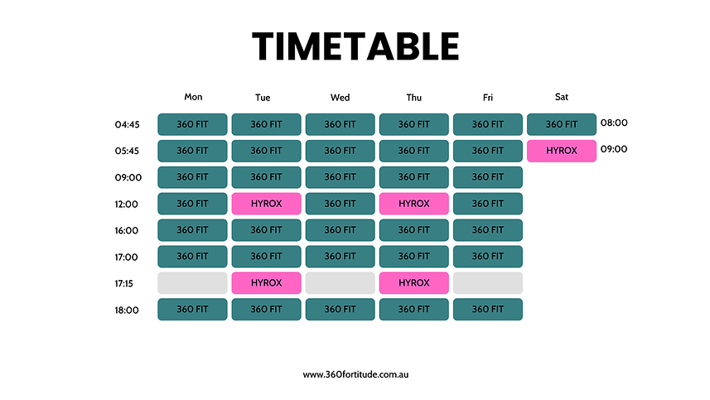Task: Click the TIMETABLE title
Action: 355,46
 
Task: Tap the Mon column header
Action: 193,97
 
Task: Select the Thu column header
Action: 413,97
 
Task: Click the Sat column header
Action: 562,97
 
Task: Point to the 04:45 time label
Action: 128,125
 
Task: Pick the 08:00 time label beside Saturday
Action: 614,123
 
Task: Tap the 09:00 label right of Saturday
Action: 614,149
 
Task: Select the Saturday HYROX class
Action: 562,151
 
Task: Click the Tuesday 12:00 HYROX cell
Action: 266,204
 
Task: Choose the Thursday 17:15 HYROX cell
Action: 413,283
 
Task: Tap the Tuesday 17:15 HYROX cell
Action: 266,283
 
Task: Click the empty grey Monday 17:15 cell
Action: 192,283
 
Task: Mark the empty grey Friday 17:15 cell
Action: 487,283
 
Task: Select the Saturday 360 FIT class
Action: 562,124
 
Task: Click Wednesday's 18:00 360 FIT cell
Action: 340,310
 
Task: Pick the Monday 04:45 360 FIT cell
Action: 192,124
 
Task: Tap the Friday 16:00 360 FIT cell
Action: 487,230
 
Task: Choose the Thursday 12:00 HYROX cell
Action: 413,204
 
